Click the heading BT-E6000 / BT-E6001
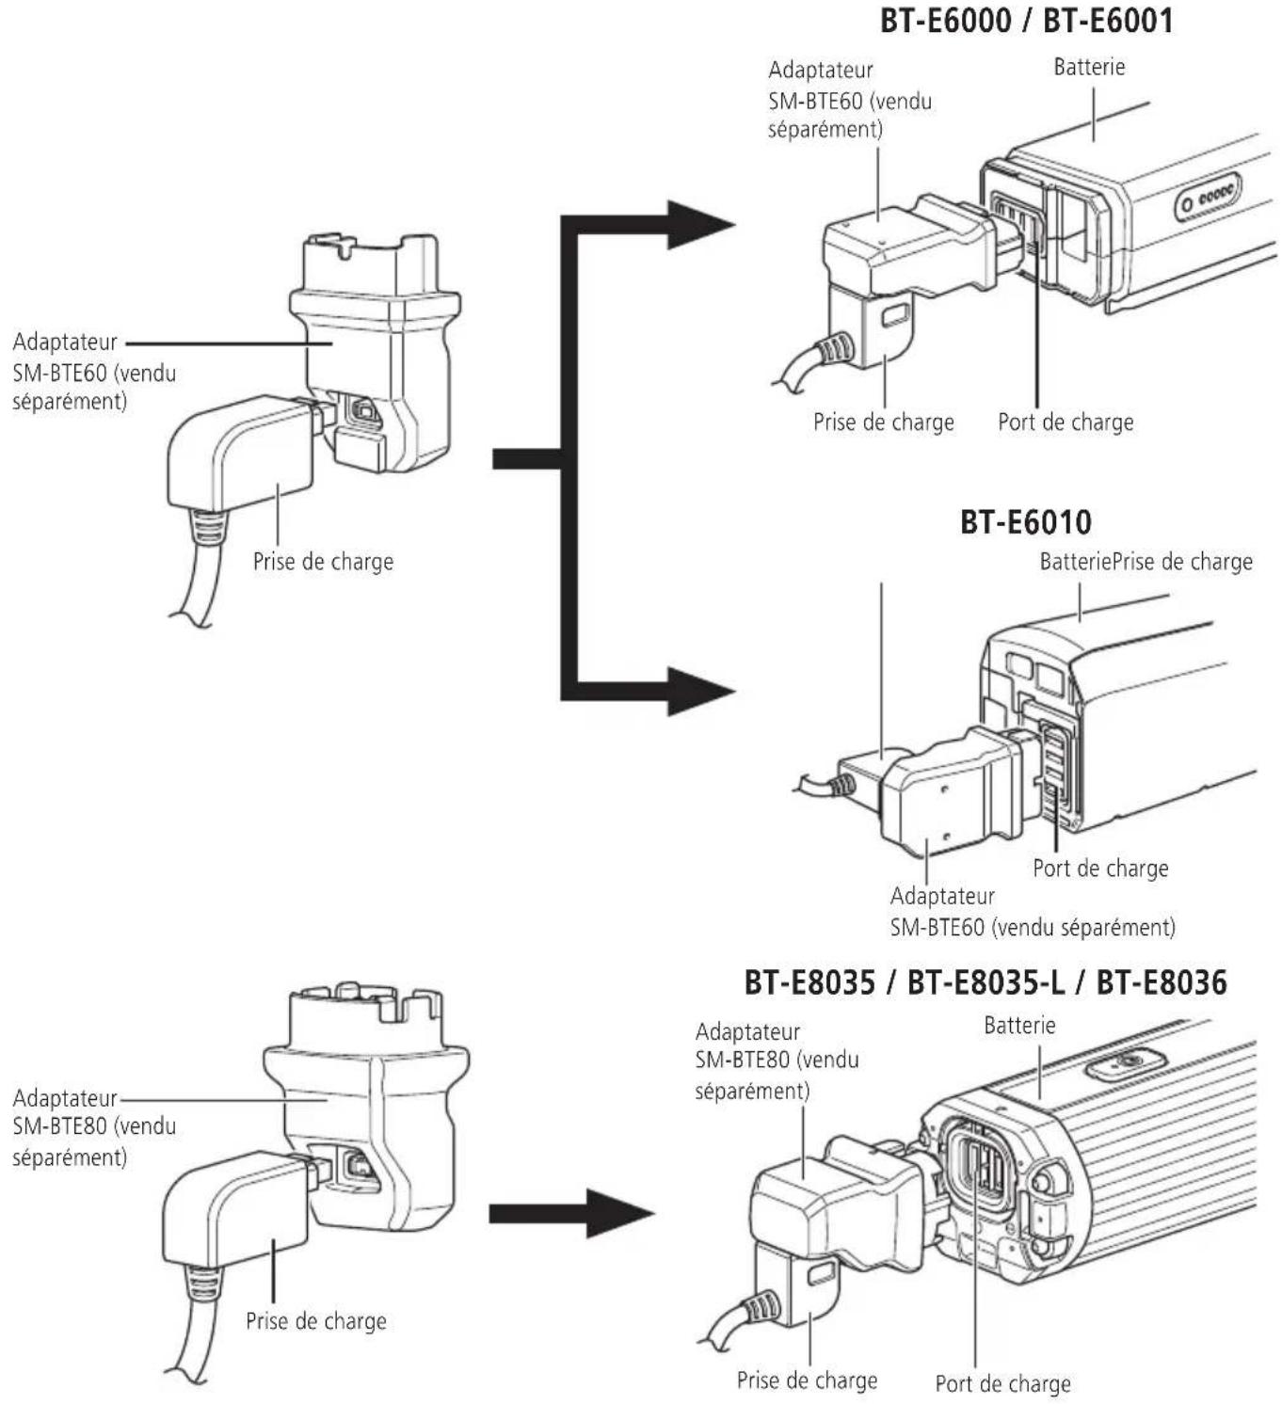[x=1026, y=21]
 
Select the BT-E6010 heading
[x=1025, y=521]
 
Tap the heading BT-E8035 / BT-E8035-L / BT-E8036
[x=986, y=982]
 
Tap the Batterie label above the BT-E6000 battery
[x=1089, y=67]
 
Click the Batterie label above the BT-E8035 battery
[x=1019, y=1025]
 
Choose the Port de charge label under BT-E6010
[x=1100, y=868]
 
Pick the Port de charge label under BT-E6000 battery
[x=1066, y=422]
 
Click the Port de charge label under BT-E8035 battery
[x=1002, y=1383]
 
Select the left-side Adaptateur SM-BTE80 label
[x=93, y=1126]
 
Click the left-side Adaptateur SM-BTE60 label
[x=93, y=371]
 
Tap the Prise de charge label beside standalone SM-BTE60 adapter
[x=323, y=562]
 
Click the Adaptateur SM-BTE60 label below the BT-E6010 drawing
[x=1032, y=911]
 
